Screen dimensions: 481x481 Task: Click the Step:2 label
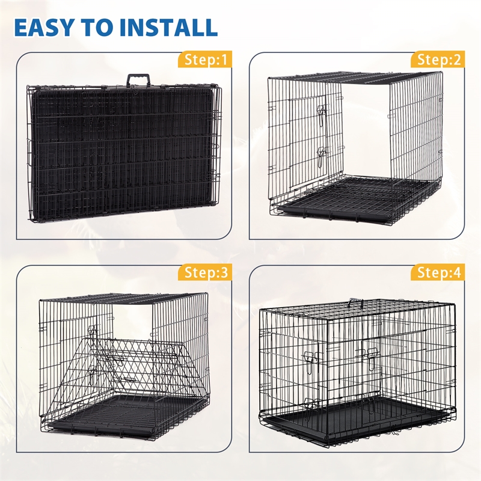point(439,60)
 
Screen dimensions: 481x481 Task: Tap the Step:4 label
point(439,272)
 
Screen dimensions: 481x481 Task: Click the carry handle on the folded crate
point(139,79)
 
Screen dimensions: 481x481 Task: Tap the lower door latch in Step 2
point(321,157)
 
